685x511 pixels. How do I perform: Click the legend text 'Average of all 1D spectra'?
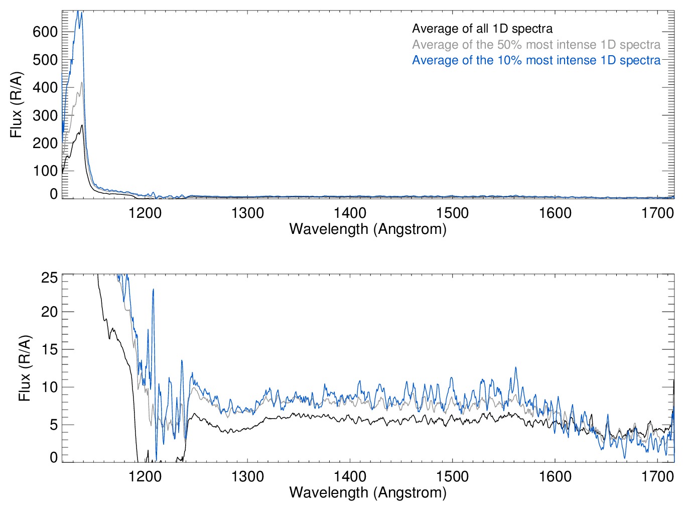[x=482, y=29]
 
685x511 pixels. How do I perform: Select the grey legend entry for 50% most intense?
[x=536, y=45]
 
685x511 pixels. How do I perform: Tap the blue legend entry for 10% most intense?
[x=536, y=60]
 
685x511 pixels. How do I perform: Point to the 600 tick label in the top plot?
[x=45, y=32]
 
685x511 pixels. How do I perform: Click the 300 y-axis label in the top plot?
[x=45, y=115]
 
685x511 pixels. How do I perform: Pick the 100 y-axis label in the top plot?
[x=45, y=171]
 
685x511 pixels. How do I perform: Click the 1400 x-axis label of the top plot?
[x=350, y=213]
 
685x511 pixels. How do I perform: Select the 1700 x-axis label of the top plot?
[x=657, y=213]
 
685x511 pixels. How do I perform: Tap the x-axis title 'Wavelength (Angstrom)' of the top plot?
[x=368, y=229]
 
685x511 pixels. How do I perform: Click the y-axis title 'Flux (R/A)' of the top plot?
[x=17, y=105]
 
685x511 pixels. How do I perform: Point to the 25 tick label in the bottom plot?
[x=50, y=278]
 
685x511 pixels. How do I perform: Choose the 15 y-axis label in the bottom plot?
[x=50, y=350]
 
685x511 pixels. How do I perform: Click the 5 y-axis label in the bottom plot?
[x=54, y=425]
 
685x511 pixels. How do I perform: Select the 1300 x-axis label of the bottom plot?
[x=247, y=476]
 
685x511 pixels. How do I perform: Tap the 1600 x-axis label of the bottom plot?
[x=555, y=476]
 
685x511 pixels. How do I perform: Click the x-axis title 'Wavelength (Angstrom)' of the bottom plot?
[x=368, y=492]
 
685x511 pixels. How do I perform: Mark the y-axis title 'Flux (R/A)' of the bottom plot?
[x=25, y=368]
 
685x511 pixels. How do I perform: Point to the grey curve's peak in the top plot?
[x=82, y=83]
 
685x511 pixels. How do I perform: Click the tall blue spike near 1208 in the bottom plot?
[x=153, y=290]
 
